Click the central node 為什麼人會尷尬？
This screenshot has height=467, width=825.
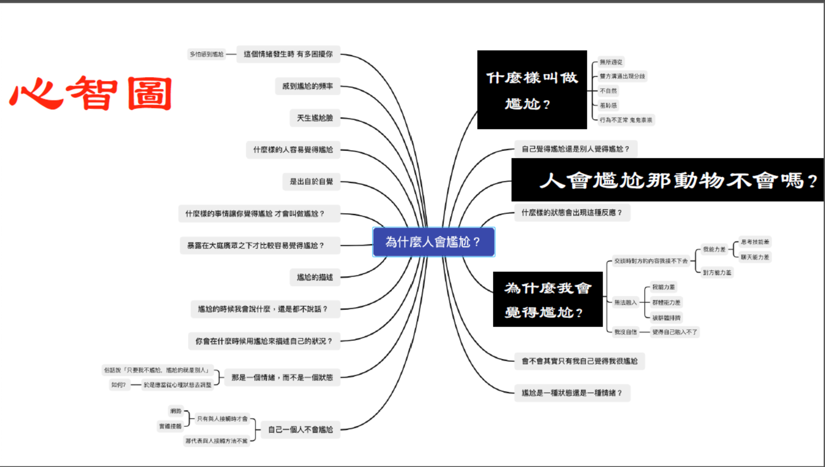point(433,242)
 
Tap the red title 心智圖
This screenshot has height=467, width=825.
point(91,93)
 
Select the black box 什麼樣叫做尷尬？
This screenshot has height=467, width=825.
point(531,90)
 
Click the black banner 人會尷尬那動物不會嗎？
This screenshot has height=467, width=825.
point(667,180)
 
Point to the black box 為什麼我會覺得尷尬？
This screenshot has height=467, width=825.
point(547,299)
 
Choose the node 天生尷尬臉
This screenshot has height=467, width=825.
point(315,118)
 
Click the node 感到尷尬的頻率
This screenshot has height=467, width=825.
point(308,86)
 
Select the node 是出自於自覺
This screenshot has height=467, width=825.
point(311,182)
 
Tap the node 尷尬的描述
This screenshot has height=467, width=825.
point(315,277)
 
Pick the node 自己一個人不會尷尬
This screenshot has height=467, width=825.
point(300,429)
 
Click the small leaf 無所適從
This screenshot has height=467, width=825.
point(611,62)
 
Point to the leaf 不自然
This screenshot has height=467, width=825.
point(608,91)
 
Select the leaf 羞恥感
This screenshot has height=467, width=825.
point(608,105)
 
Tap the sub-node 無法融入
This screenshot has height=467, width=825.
point(625,302)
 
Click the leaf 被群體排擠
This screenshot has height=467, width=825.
point(666,318)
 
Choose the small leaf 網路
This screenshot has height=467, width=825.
point(176,411)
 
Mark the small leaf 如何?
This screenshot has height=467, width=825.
point(118,385)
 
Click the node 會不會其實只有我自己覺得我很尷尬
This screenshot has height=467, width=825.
point(579,361)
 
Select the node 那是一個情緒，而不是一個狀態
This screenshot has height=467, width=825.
point(282,377)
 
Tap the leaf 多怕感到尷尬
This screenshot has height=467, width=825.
point(206,54)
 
